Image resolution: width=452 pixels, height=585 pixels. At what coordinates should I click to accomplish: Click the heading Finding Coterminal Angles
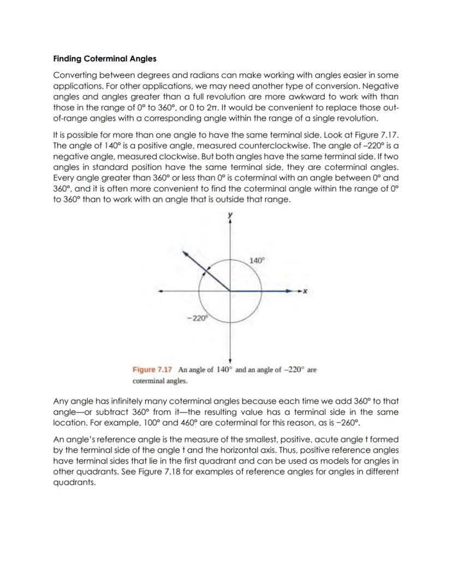(x=104, y=58)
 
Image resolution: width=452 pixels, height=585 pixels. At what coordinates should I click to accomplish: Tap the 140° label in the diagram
(x=256, y=261)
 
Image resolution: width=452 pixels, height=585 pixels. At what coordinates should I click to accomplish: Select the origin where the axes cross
(x=230, y=291)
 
